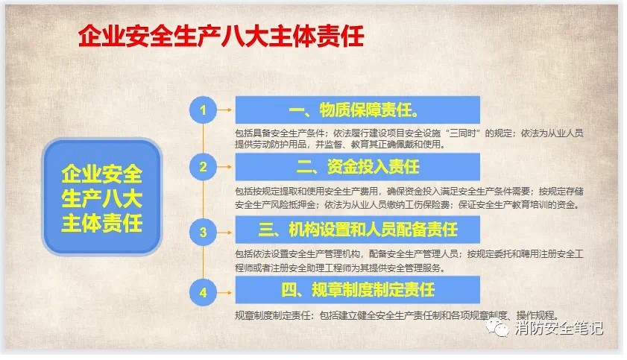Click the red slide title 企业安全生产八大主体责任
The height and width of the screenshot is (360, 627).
coord(221,36)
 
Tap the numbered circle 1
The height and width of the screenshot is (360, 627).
coord(203,110)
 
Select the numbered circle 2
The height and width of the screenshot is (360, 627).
coord(203,167)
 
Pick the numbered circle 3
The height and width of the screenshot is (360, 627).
coord(203,232)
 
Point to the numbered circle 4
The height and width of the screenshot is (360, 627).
coord(203,292)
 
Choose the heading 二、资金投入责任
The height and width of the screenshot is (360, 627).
coord(358,167)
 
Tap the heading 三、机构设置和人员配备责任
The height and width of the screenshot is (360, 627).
coord(358,230)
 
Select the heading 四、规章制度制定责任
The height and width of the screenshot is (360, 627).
coord(358,290)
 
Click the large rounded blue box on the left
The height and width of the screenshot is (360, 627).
coord(102,197)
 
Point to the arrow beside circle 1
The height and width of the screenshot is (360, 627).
coord(224,110)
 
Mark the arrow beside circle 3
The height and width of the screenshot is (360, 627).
coord(224,232)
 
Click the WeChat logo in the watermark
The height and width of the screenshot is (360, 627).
coord(497,329)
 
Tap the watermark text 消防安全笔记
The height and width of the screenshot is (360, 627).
coord(558,328)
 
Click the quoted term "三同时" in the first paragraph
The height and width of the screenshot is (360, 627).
coord(464,133)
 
